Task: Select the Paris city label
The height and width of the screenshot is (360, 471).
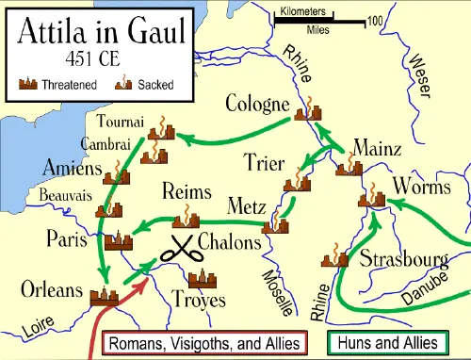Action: (68, 238)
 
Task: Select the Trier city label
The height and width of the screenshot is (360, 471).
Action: (264, 162)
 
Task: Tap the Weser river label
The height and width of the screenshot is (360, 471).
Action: (422, 74)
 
